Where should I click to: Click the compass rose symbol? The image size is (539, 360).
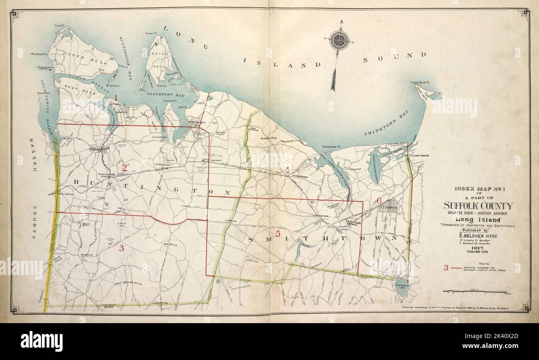pos(339,41)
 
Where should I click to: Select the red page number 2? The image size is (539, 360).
pos(124,168)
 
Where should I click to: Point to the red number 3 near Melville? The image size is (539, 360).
pos(121,248)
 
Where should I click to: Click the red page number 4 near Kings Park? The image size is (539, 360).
pos(287,169)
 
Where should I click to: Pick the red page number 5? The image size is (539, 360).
pos(278,233)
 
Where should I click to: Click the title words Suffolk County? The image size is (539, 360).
pos(478,206)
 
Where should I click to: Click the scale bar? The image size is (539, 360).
pos(476,292)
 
